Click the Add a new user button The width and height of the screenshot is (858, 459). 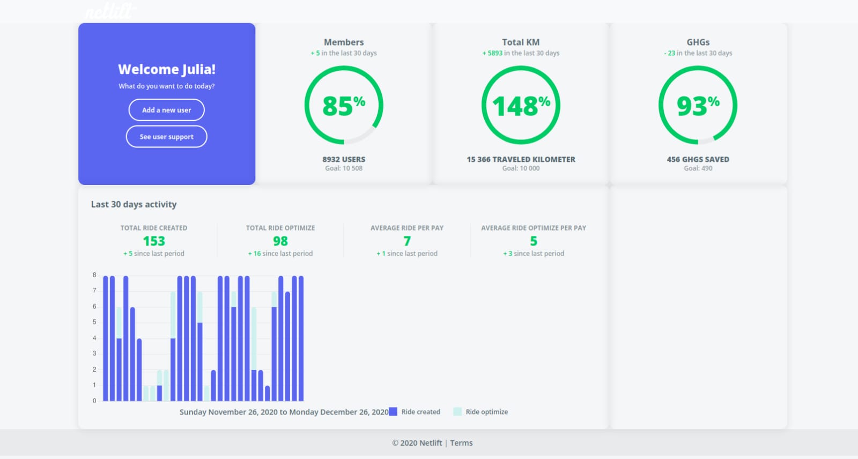click(167, 110)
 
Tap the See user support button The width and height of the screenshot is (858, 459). click(167, 137)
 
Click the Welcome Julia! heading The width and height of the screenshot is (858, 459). click(167, 69)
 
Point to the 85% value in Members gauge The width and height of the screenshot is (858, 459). click(344, 106)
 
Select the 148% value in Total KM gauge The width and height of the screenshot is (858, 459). click(521, 106)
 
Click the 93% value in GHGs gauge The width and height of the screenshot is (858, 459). click(698, 106)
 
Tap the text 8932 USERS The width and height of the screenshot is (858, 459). click(344, 159)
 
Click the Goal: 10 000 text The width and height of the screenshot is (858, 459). click(521, 168)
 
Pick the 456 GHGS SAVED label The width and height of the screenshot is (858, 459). click(698, 159)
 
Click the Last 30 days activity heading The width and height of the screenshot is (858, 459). click(134, 204)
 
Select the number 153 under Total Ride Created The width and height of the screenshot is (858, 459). click(154, 241)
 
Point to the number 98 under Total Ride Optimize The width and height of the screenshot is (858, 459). click(280, 241)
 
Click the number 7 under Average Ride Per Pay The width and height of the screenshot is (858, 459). click(407, 241)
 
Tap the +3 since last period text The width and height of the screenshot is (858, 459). click(534, 254)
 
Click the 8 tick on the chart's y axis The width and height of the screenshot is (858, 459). click(94, 275)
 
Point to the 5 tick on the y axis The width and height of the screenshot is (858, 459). click(94, 322)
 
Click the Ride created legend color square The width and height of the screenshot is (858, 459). click(393, 412)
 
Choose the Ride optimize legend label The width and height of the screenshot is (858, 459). click(487, 412)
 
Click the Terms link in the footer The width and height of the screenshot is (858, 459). click(461, 443)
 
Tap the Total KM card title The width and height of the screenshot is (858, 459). click(521, 42)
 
